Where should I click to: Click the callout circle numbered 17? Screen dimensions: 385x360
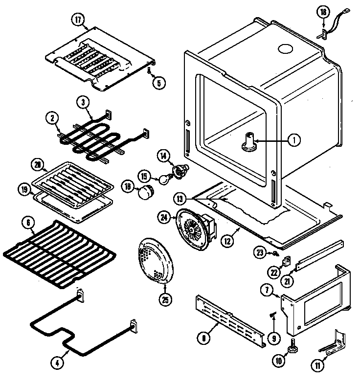tap(77, 21)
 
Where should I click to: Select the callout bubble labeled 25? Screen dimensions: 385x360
tap(167, 300)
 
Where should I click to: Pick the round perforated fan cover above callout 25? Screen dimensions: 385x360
tap(155, 259)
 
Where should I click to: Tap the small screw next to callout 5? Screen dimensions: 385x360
tap(148, 71)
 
